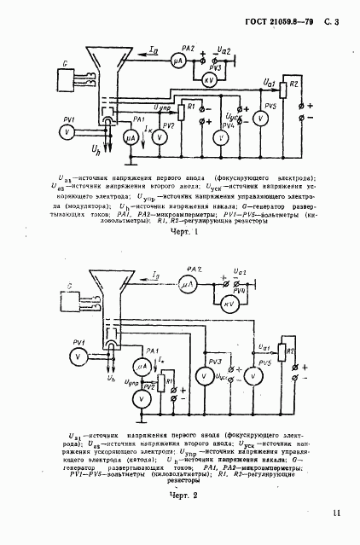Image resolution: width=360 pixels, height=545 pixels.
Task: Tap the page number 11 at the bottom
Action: point(336,512)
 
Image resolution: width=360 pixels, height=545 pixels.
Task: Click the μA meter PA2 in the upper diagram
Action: point(178,61)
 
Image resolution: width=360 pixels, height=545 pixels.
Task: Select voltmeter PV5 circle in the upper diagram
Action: point(260,119)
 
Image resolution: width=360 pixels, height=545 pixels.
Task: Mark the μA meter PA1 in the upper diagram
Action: point(130,137)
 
